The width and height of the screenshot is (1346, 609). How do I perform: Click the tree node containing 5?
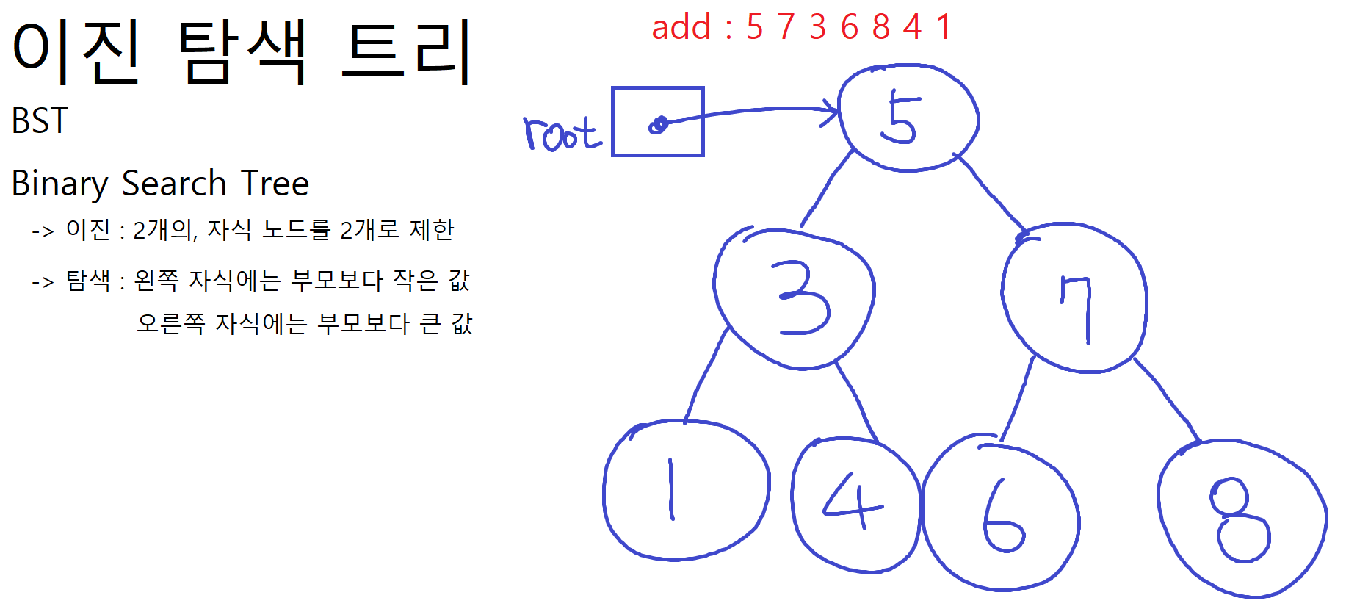tap(908, 118)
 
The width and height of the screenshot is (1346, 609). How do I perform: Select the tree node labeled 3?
tap(795, 298)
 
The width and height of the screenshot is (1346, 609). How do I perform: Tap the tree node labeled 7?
tap(1074, 298)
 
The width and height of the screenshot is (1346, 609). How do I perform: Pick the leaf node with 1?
tap(686, 489)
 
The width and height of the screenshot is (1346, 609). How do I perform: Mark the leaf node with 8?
tap(1242, 519)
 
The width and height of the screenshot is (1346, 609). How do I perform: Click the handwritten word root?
tap(562, 134)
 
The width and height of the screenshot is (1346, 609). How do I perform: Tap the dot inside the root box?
tap(659, 125)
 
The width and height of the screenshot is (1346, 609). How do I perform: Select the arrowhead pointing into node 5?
tap(832, 112)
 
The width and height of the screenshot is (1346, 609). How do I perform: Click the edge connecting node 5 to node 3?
tap(827, 189)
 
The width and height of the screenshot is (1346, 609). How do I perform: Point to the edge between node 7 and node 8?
tap(1168, 401)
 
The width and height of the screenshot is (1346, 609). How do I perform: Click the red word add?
tap(681, 27)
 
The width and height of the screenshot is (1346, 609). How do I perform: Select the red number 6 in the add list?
tap(850, 27)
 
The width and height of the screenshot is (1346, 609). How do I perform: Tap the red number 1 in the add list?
tap(944, 27)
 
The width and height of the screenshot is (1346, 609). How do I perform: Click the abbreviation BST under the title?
tap(40, 121)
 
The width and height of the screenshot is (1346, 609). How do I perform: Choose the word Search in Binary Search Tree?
tap(174, 184)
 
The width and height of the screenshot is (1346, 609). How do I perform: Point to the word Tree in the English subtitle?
tap(275, 184)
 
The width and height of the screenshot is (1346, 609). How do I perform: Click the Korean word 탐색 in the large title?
tap(242, 51)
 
